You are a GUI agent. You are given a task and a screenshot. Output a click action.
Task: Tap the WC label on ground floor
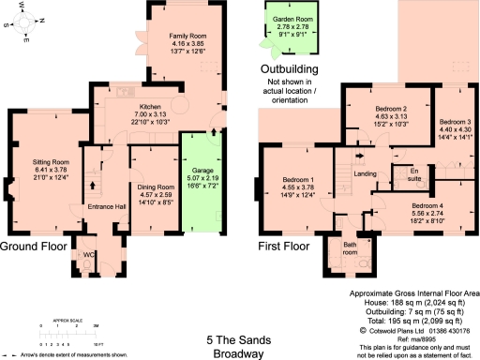tap(90, 255)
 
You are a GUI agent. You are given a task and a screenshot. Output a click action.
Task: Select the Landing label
tap(365, 174)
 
